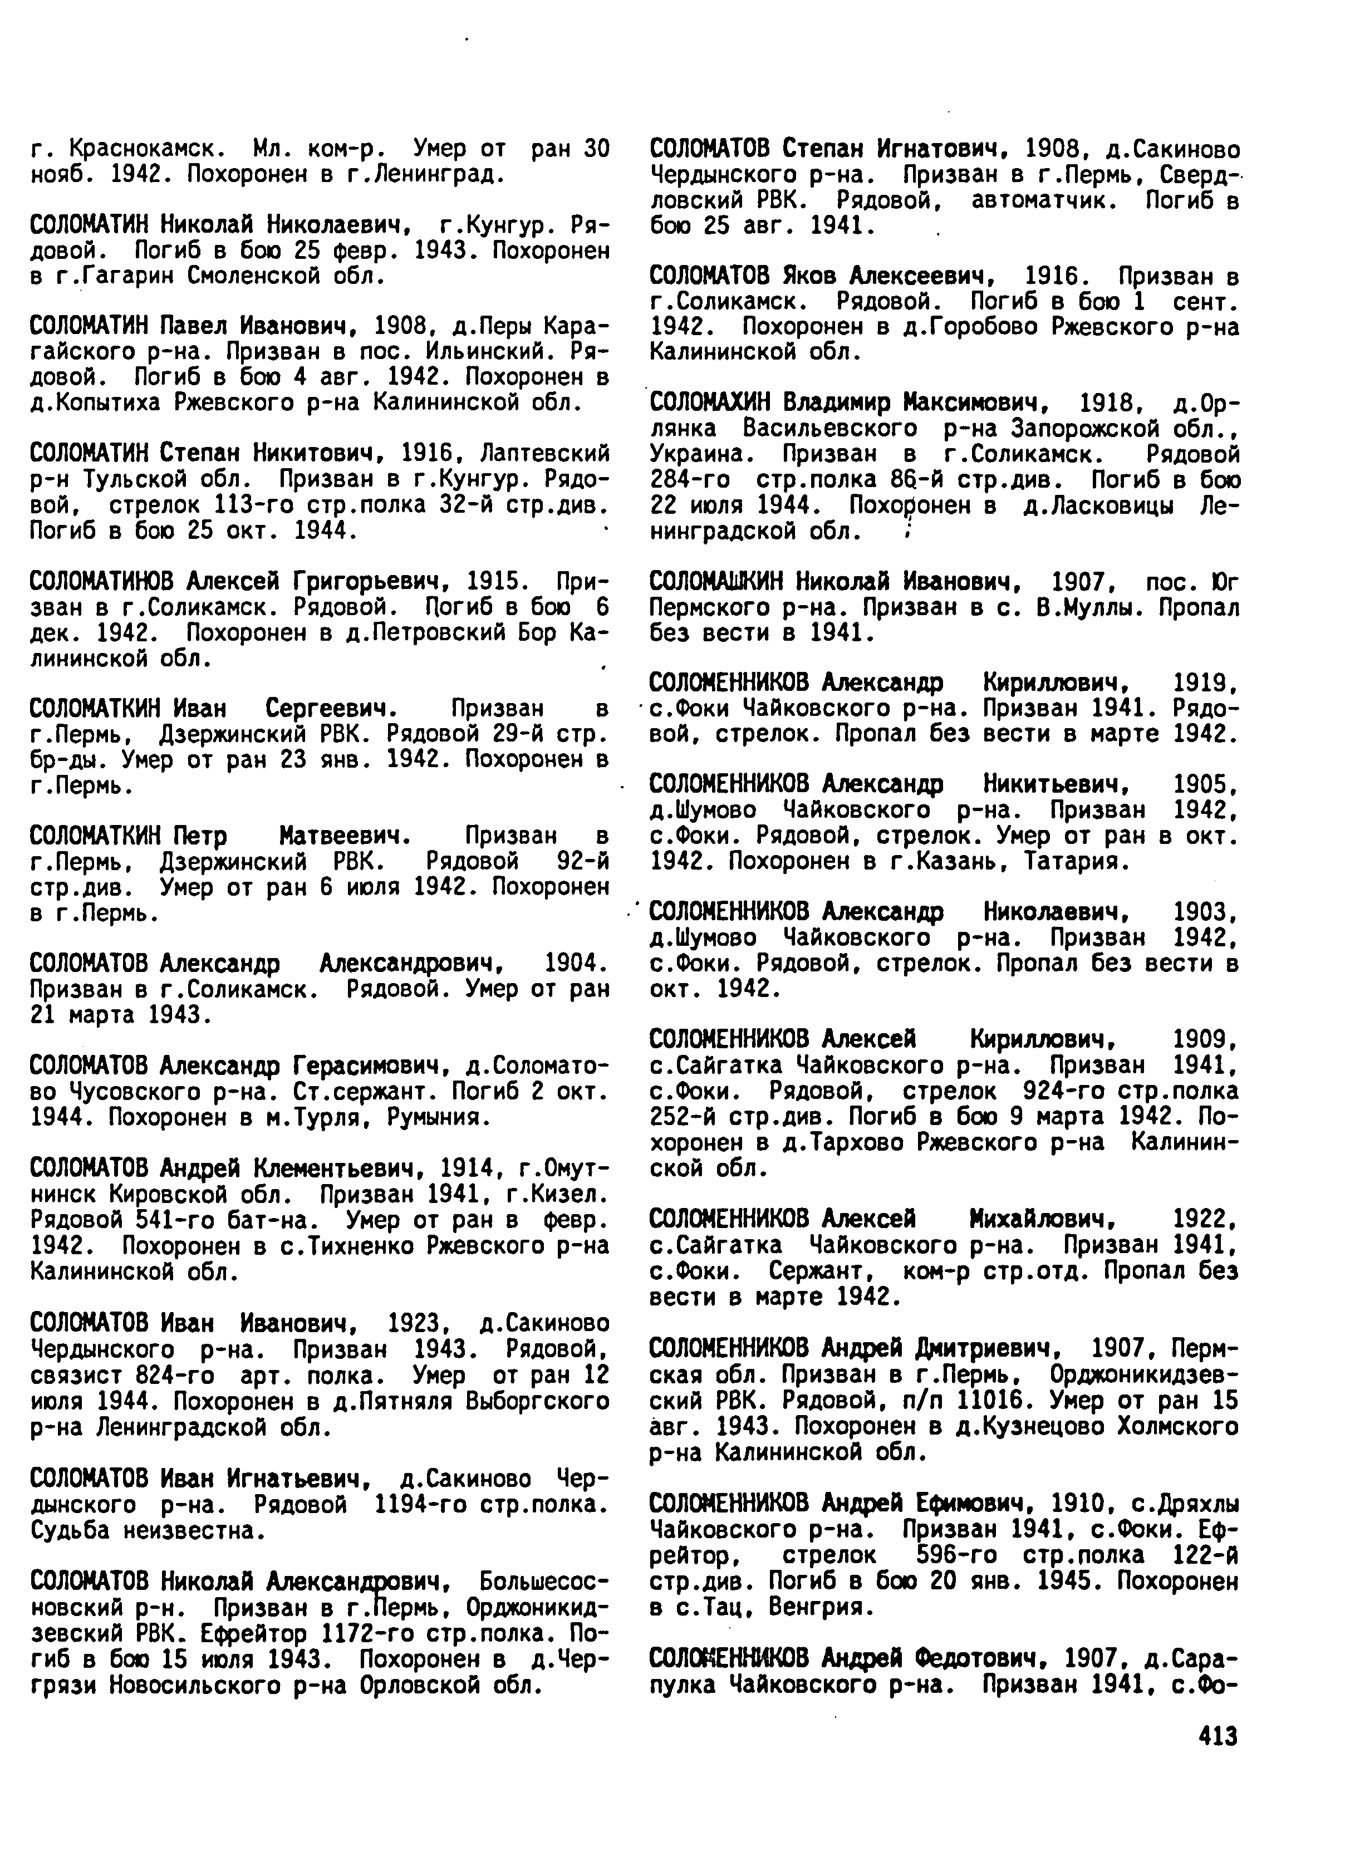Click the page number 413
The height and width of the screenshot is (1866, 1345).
tap(1218, 1736)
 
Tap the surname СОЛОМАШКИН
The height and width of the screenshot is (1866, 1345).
tap(716, 582)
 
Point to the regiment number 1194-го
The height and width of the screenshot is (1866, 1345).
tap(421, 1504)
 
